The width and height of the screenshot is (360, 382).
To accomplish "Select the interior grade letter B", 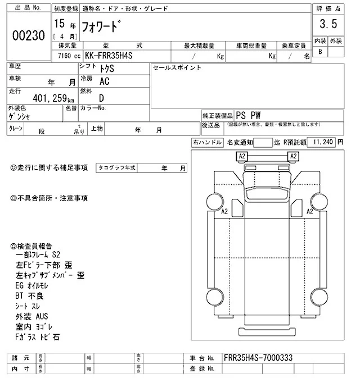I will pyautogui.click(x=320, y=52).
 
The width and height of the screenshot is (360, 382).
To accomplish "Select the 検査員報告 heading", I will pyautogui.click(x=31, y=246).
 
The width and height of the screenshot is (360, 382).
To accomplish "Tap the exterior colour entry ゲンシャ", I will pyautogui.click(x=21, y=117).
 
